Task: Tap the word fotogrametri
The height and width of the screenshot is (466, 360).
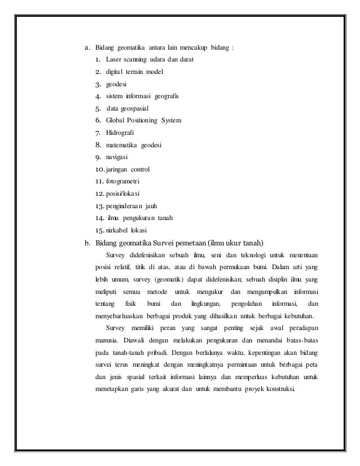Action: pos(123,181)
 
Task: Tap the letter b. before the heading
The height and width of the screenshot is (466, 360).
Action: pos(87,243)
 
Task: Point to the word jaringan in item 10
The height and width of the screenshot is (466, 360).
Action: pos(116,169)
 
